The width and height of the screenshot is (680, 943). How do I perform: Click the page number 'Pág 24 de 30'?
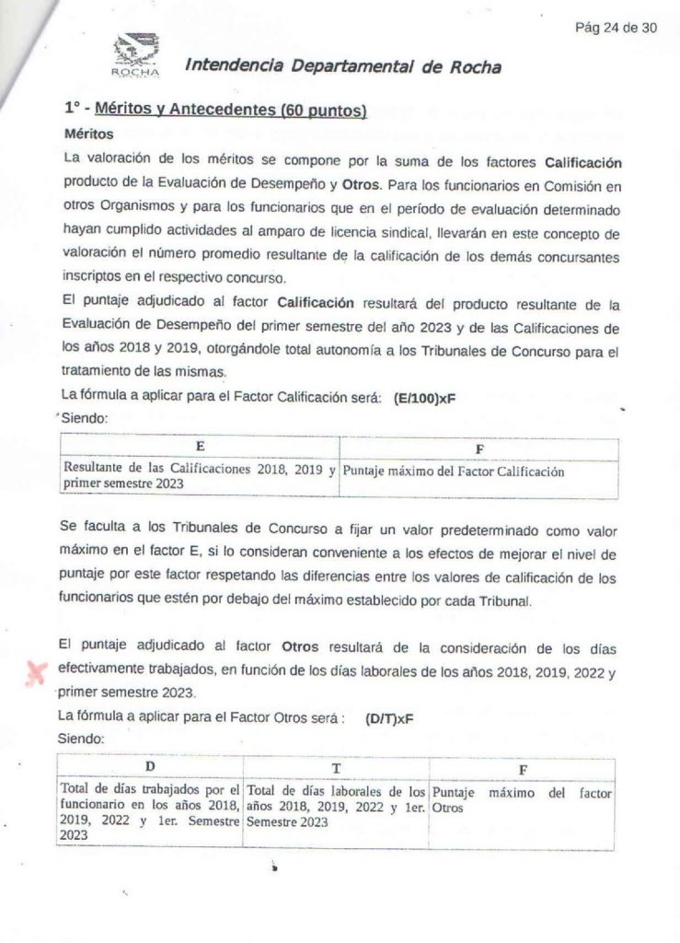pyautogui.click(x=616, y=28)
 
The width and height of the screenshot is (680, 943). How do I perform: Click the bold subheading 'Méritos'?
pyautogui.click(x=89, y=134)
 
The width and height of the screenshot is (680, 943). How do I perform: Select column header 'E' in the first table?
pyautogui.click(x=200, y=446)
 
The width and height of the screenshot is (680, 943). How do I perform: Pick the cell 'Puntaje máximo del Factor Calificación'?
pyautogui.click(x=452, y=471)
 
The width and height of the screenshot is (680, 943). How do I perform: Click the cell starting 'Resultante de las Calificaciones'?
pyautogui.click(x=198, y=476)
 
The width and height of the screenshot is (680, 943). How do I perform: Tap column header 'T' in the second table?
pyautogui.click(x=337, y=768)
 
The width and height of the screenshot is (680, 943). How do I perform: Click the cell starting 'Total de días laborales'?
pyautogui.click(x=337, y=805)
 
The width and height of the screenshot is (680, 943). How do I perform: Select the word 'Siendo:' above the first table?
pyautogui.click(x=85, y=417)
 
